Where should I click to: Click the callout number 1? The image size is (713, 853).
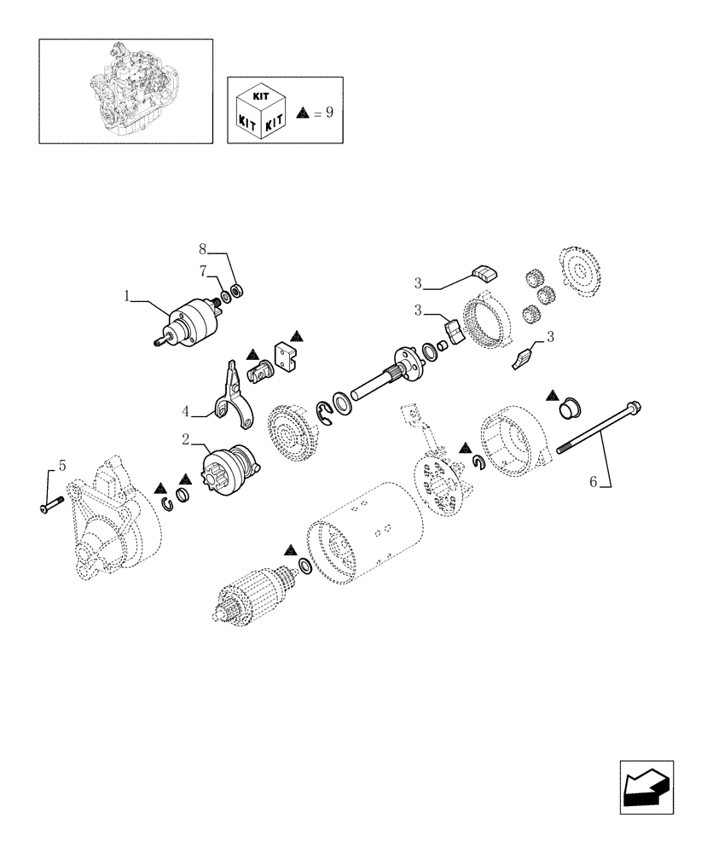click(x=126, y=297)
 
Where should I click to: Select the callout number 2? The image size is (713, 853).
click(x=186, y=440)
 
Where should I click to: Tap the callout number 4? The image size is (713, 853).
click(x=186, y=412)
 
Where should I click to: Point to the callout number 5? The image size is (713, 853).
click(x=61, y=466)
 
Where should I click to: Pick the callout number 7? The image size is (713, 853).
click(x=204, y=270)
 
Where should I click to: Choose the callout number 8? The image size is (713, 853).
click(x=203, y=250)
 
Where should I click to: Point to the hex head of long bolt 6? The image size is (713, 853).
click(x=633, y=408)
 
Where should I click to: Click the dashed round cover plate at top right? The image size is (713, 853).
click(x=583, y=275)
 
